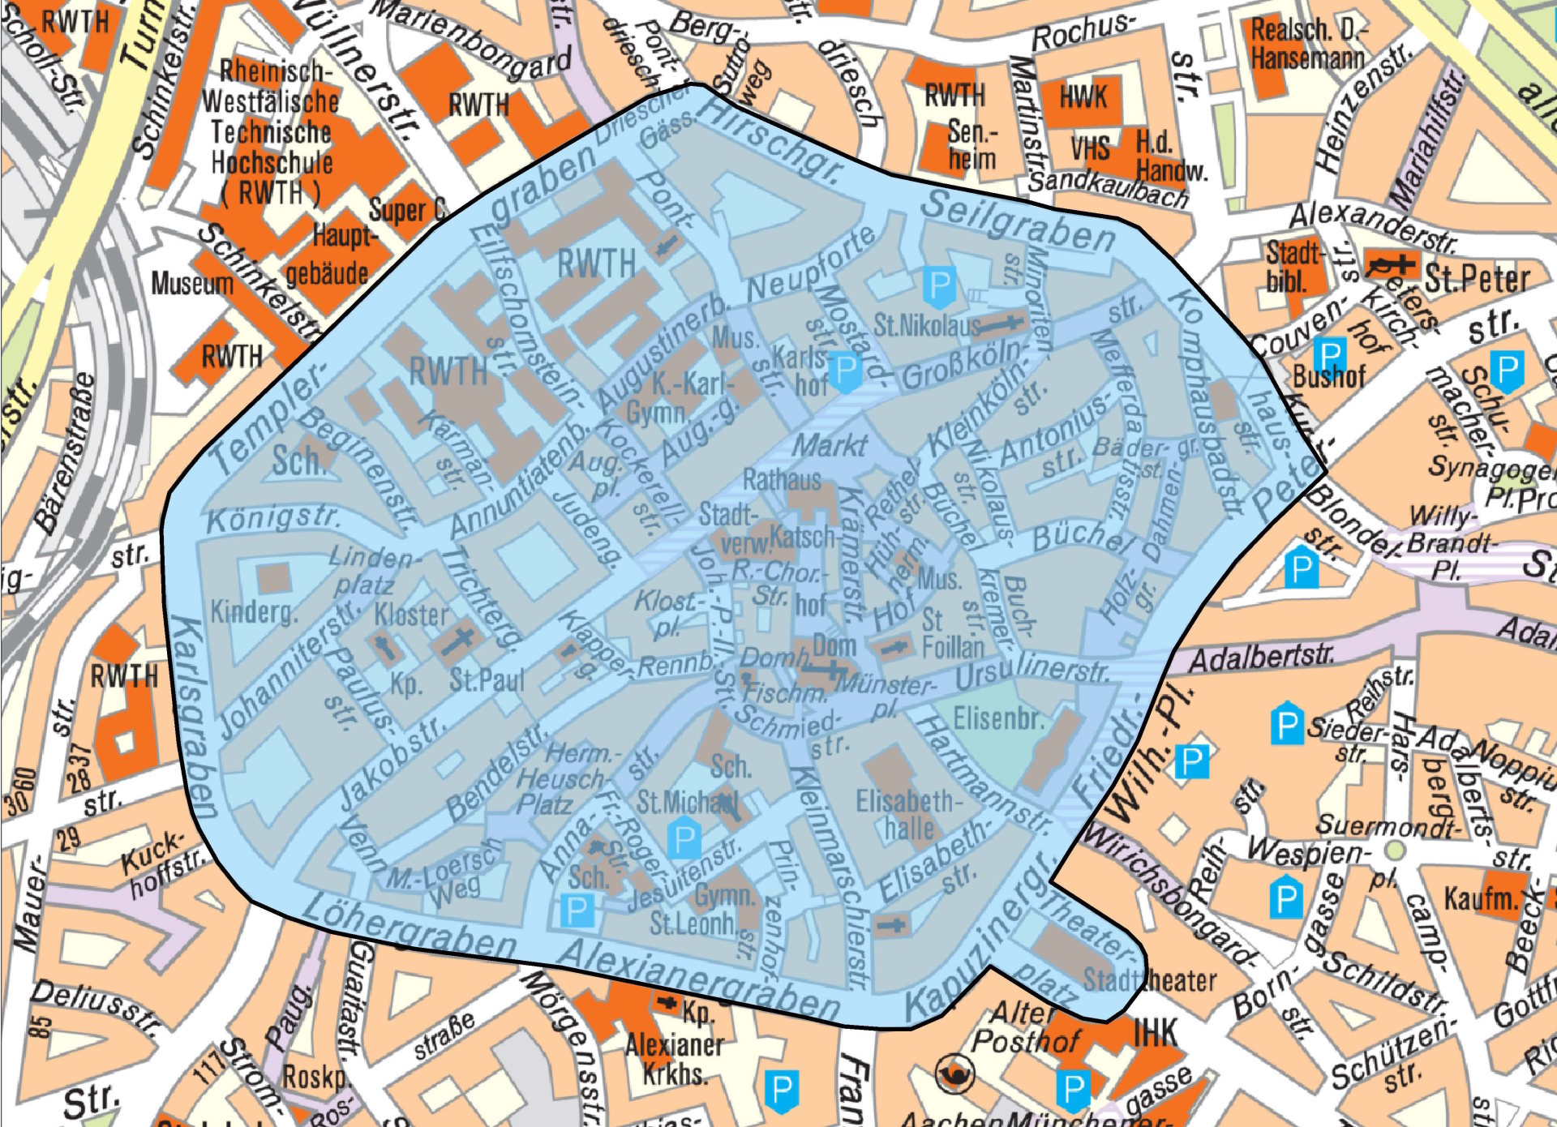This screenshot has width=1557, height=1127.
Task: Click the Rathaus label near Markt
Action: tap(782, 479)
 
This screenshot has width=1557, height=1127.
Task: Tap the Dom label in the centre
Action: tap(834, 645)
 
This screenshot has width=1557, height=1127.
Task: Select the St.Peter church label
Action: tap(1477, 278)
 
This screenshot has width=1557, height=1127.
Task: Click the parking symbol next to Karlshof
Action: tap(846, 371)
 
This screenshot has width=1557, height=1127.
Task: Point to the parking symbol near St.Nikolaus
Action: tap(939, 286)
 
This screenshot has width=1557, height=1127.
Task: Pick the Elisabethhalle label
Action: tap(908, 815)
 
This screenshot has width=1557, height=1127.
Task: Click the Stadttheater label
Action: tap(1149, 980)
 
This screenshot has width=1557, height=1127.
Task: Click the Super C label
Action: tap(407, 210)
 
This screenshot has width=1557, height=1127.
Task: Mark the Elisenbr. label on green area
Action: tap(998, 718)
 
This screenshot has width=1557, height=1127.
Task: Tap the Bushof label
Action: tap(1328, 376)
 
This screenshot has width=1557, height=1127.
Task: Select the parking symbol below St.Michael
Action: tap(683, 839)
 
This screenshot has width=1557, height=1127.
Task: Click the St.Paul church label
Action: tap(487, 679)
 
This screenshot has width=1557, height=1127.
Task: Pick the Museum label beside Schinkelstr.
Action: tap(192, 284)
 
